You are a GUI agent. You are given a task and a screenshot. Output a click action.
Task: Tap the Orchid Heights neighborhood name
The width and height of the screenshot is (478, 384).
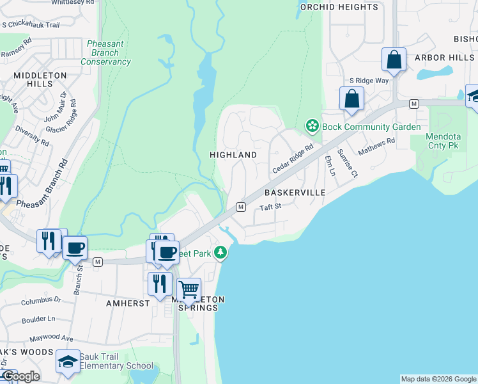click(339, 7)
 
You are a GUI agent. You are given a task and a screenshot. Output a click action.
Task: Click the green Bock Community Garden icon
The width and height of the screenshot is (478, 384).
click(312, 126)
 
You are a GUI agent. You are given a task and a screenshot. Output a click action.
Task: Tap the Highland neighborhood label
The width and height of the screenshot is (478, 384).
click(233, 155)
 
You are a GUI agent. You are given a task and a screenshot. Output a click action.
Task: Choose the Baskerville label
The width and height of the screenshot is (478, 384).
click(295, 192)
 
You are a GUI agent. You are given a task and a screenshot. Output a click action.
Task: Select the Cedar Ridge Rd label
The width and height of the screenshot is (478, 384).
click(293, 157)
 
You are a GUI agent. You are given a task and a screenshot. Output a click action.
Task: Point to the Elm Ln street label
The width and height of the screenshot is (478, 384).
click(330, 165)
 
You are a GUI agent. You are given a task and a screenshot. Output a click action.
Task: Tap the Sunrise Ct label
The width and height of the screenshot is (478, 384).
click(351, 163)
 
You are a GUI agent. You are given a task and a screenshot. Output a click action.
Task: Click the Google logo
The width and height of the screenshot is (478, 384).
click(20, 376)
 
